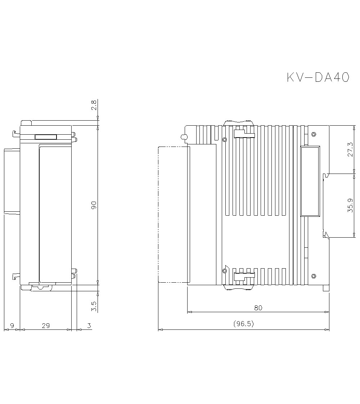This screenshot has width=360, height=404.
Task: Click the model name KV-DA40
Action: pos(318,77)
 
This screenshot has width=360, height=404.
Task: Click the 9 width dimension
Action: pos(12,326)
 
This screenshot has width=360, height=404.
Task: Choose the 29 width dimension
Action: pos(46,326)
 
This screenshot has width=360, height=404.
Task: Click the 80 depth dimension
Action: pos(258,308)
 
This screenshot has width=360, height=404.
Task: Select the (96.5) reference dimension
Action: pos(244,324)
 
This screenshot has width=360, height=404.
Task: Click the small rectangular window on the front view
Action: pos(46,137)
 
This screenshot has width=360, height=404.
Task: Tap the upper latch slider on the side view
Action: pos(244,134)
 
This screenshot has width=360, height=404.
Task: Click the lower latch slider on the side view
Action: pos(244,277)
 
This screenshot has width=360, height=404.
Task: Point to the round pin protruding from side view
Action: pos(183,137)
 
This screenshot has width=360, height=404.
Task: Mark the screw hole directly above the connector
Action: pos(314,134)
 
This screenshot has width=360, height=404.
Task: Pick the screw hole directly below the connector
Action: pos(314,276)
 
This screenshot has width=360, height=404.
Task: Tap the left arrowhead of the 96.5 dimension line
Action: pos(160,329)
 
